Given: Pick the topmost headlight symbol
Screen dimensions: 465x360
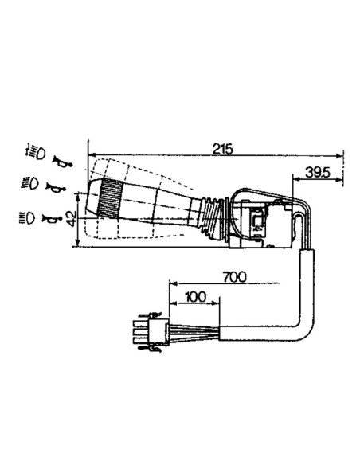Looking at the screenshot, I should tap(34, 151).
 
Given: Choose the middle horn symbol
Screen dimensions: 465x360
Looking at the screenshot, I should tap(55, 188).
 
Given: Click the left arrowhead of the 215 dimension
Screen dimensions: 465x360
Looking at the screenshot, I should tap(92, 154).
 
